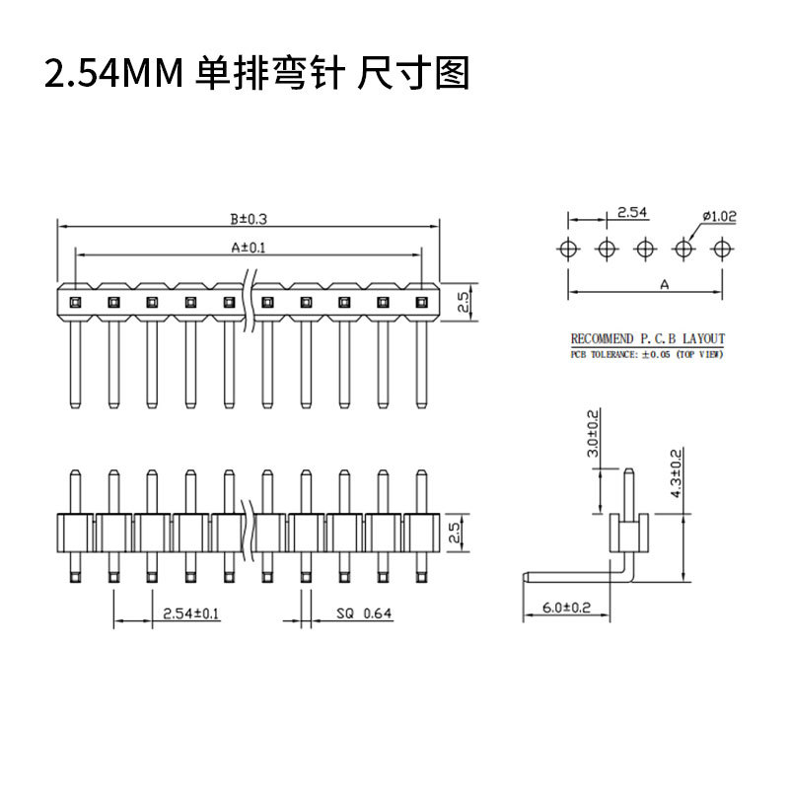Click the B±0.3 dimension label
[x=249, y=219]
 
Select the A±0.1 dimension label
[x=249, y=248]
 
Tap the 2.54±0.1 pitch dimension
[x=190, y=613]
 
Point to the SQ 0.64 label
[x=364, y=613]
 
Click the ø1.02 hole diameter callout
[x=720, y=216]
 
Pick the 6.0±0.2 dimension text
[x=566, y=608]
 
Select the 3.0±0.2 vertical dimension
[x=594, y=433]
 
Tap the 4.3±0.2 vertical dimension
[x=677, y=473]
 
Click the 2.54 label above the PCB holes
[x=632, y=212]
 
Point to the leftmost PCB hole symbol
[x=569, y=249]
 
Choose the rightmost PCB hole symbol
[x=723, y=249]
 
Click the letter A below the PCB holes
[x=664, y=285]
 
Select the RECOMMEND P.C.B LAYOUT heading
[x=648, y=338]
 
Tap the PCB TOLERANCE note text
[x=647, y=354]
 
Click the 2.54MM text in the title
[x=113, y=73]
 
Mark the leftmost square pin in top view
[x=75, y=303]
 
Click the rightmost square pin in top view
[x=422, y=303]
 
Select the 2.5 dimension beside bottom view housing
[x=455, y=533]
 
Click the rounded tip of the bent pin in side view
[x=526, y=577]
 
